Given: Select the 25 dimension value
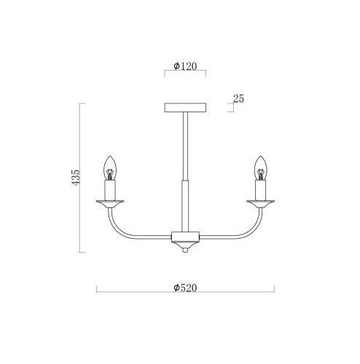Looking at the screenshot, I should [x=238, y=98].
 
